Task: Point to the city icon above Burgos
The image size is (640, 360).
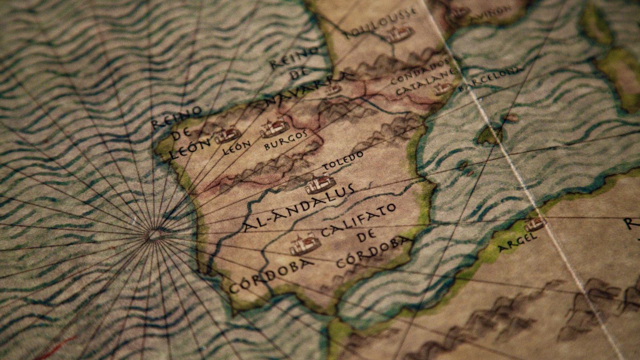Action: [x=274, y=127]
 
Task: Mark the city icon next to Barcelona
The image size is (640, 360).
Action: [x=443, y=89]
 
